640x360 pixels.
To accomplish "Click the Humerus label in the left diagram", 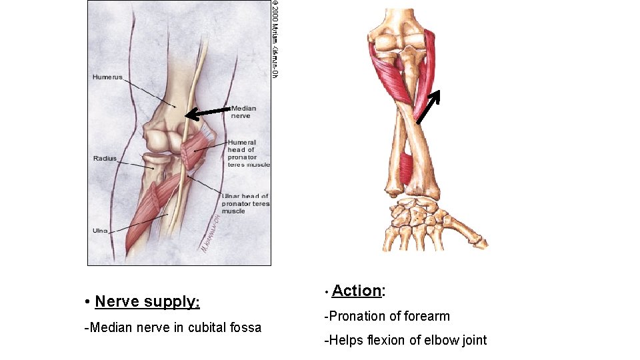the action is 107,77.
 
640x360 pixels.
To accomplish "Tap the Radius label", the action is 105,159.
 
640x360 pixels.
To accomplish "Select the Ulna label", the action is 99,231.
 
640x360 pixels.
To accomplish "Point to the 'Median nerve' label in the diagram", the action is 243,111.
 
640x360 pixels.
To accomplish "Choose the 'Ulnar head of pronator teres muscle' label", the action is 246,203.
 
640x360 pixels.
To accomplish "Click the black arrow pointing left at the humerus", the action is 207,112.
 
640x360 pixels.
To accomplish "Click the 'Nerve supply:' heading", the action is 147,301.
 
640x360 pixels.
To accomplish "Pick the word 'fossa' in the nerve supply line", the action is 245,327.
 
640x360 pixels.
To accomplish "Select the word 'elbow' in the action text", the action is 439,340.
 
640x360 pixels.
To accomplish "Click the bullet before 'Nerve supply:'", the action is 88,302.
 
